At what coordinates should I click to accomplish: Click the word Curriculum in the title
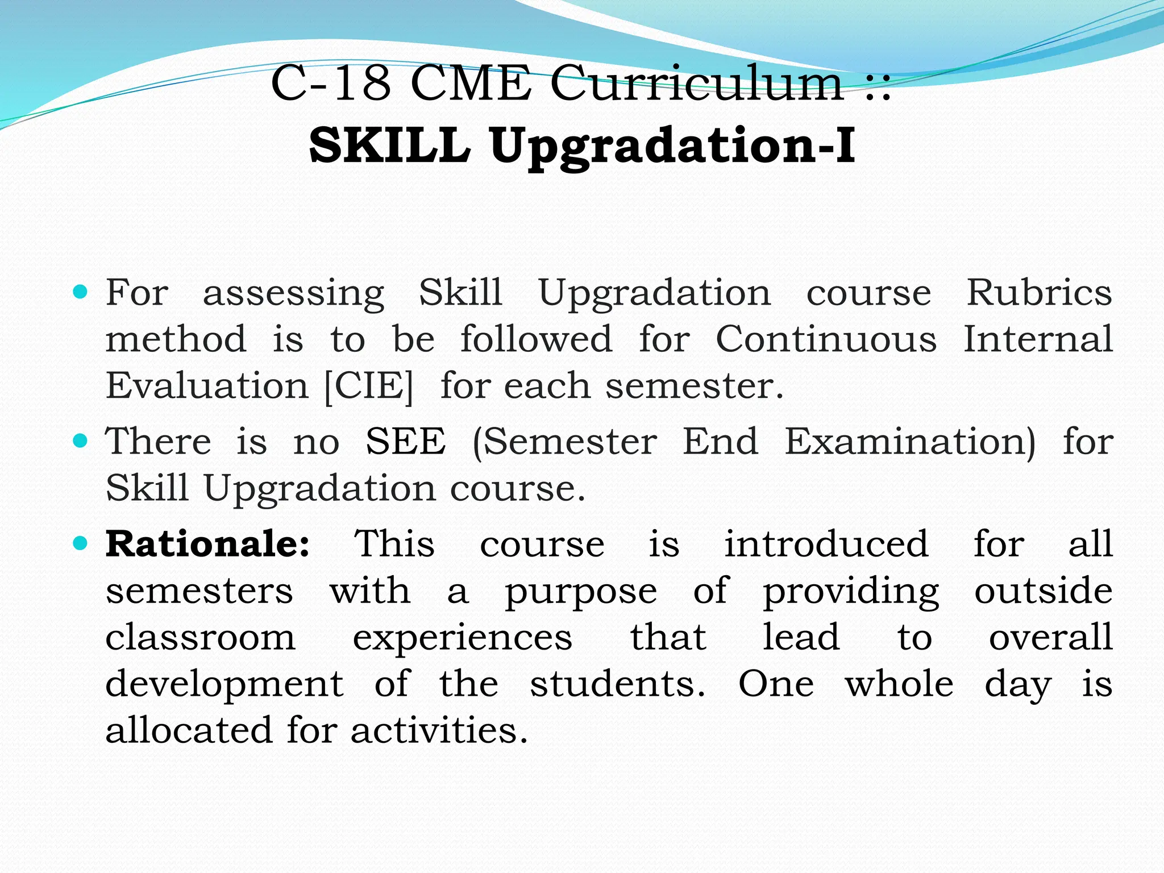click(x=697, y=84)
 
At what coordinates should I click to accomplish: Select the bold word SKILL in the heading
click(x=390, y=145)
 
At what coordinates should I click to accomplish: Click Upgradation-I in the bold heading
click(x=672, y=147)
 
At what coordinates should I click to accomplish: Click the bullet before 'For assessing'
click(x=81, y=293)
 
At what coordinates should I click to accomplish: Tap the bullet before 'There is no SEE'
click(x=81, y=440)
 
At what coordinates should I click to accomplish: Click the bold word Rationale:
click(x=208, y=544)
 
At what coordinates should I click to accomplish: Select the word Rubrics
click(x=1039, y=293)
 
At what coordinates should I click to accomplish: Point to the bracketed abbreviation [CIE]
click(x=368, y=386)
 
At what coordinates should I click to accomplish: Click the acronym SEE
click(x=405, y=442)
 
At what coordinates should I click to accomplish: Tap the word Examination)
click(x=910, y=442)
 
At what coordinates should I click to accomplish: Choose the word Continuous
click(x=826, y=339)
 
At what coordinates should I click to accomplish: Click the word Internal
click(x=1038, y=339)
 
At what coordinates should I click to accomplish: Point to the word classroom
click(x=200, y=637)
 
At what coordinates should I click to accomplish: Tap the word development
click(x=224, y=684)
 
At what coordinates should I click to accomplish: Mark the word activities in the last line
click(x=439, y=730)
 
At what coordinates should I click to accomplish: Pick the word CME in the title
click(x=470, y=84)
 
